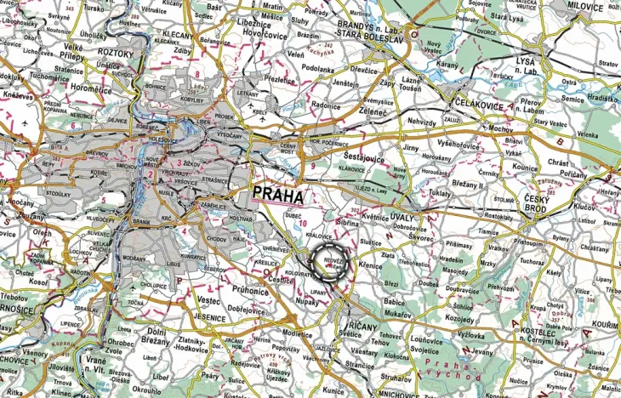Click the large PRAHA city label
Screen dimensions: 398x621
(x=278, y=195)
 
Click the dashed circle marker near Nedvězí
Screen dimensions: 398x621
(x=329, y=261)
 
